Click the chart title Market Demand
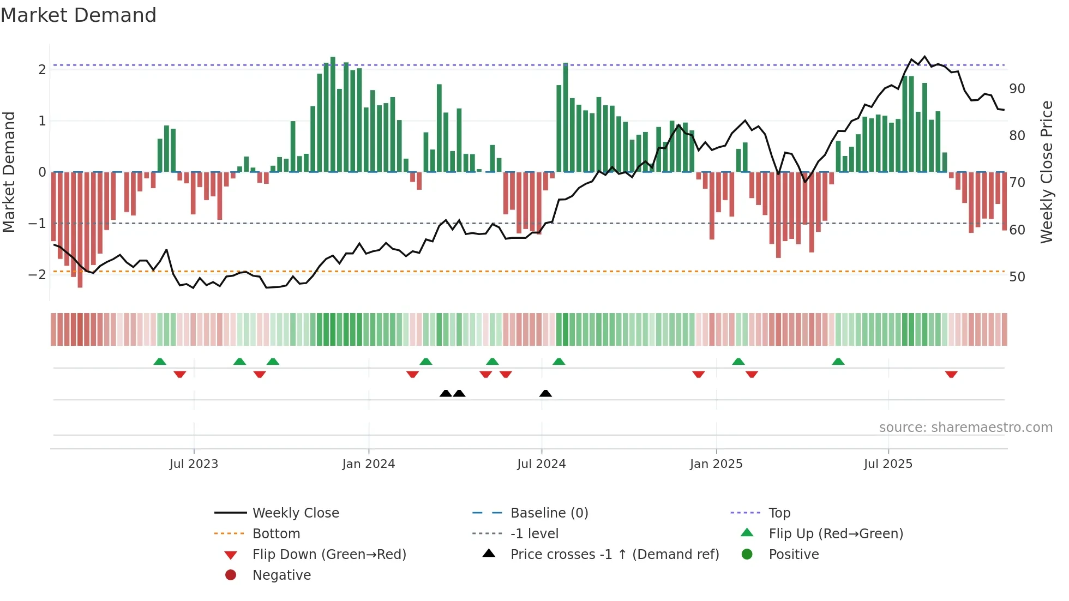point(79,15)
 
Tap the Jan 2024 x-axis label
point(368,464)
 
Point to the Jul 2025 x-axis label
point(887,464)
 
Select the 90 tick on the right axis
point(1017,89)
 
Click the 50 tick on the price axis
point(1017,277)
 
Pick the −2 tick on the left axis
point(37,274)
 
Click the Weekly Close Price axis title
point(1046,172)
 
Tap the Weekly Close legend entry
point(295,513)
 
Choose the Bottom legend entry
point(276,534)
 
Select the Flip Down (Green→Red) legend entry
point(329,555)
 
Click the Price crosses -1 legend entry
point(614,555)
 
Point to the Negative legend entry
point(281,575)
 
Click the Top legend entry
point(779,513)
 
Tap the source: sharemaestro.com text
point(965,428)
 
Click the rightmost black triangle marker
point(545,394)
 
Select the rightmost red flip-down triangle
point(951,374)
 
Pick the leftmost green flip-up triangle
point(160,362)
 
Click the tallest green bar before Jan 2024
point(333,115)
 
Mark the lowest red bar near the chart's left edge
point(80,229)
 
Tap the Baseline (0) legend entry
point(549,513)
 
